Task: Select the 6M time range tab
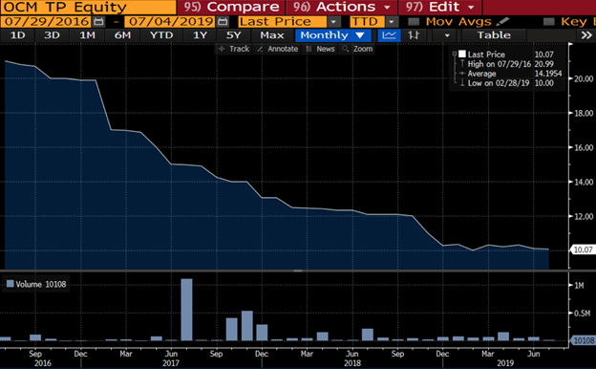pyautogui.click(x=122, y=34)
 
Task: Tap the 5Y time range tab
pyautogui.click(x=233, y=34)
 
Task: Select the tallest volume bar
pyautogui.click(x=186, y=309)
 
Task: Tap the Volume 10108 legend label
pyautogui.click(x=36, y=283)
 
